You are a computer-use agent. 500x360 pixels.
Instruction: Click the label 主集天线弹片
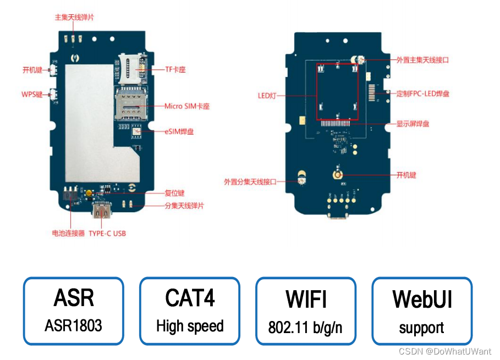click(x=74, y=17)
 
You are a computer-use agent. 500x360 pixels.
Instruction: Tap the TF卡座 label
click(x=175, y=70)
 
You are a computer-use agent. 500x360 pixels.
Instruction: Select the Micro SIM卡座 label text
click(x=187, y=106)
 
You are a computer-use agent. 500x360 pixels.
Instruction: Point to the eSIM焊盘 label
click(x=179, y=131)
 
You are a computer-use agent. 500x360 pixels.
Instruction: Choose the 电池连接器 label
click(x=68, y=233)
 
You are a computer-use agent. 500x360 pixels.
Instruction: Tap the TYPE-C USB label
click(x=107, y=233)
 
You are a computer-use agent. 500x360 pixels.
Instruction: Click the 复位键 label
click(x=174, y=193)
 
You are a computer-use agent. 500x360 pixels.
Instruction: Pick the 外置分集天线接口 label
click(x=250, y=181)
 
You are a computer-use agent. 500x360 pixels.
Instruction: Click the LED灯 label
click(x=266, y=95)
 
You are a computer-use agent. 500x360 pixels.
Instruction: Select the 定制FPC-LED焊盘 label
click(x=422, y=93)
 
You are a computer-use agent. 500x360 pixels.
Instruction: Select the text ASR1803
click(x=73, y=325)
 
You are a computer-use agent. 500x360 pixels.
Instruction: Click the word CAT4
click(x=190, y=298)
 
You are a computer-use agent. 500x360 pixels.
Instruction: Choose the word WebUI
click(x=422, y=300)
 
